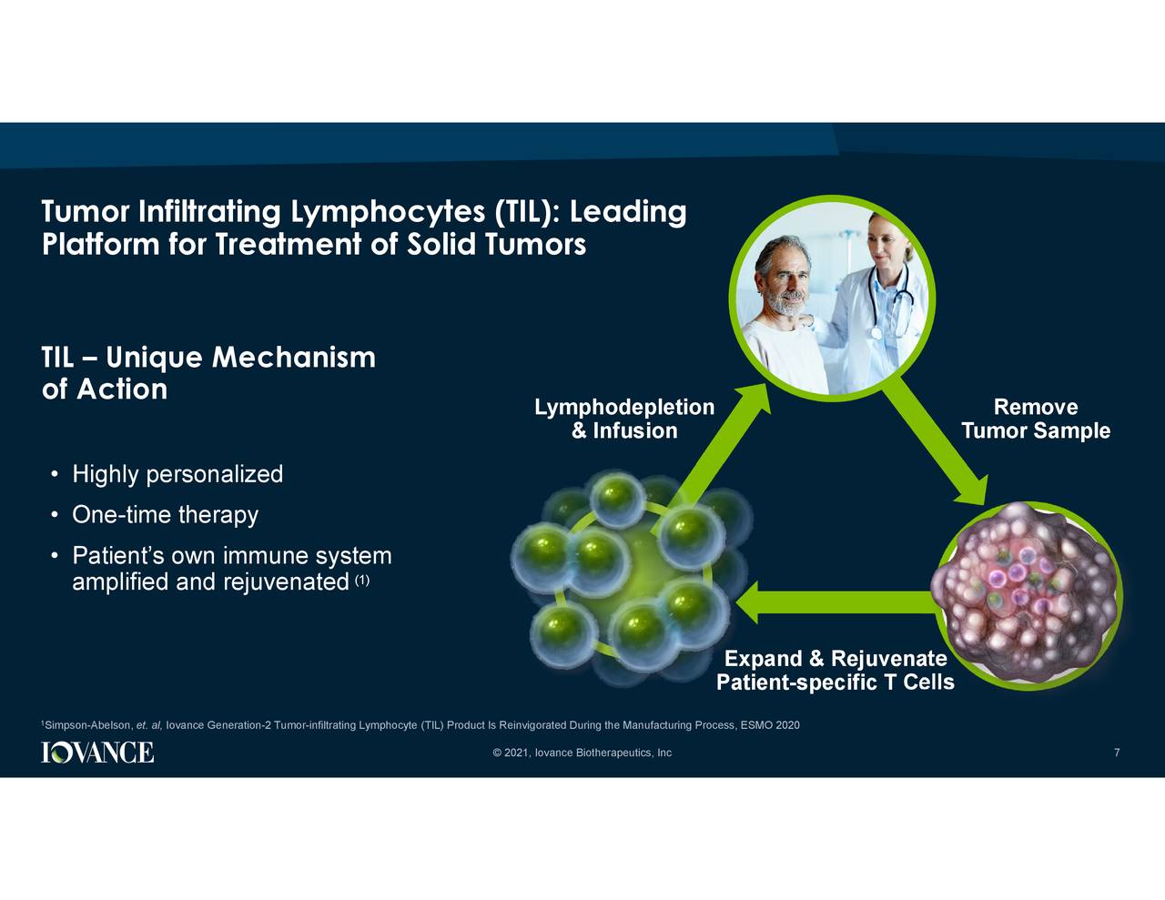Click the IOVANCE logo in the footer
tap(97, 752)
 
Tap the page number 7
tap(1117, 753)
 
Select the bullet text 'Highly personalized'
tap(177, 474)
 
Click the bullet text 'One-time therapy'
tap(165, 514)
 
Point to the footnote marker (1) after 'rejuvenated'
tap(362, 581)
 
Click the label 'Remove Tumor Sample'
tap(1035, 419)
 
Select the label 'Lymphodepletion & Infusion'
tap(624, 419)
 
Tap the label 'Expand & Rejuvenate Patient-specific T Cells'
tap(836, 670)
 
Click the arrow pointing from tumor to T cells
tap(836, 602)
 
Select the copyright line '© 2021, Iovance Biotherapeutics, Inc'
tap(582, 753)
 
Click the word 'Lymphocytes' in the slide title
tap(388, 212)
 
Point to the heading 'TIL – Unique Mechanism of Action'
tap(208, 373)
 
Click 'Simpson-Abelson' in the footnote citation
tap(87, 725)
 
